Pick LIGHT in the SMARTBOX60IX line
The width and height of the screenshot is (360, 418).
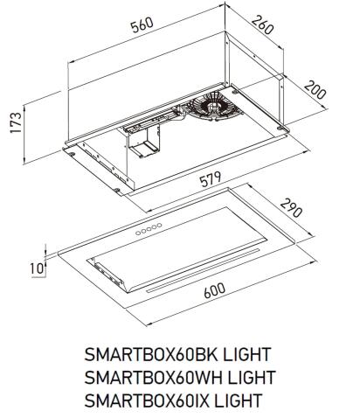(x=239, y=401)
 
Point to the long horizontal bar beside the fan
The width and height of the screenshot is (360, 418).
(x=149, y=124)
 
